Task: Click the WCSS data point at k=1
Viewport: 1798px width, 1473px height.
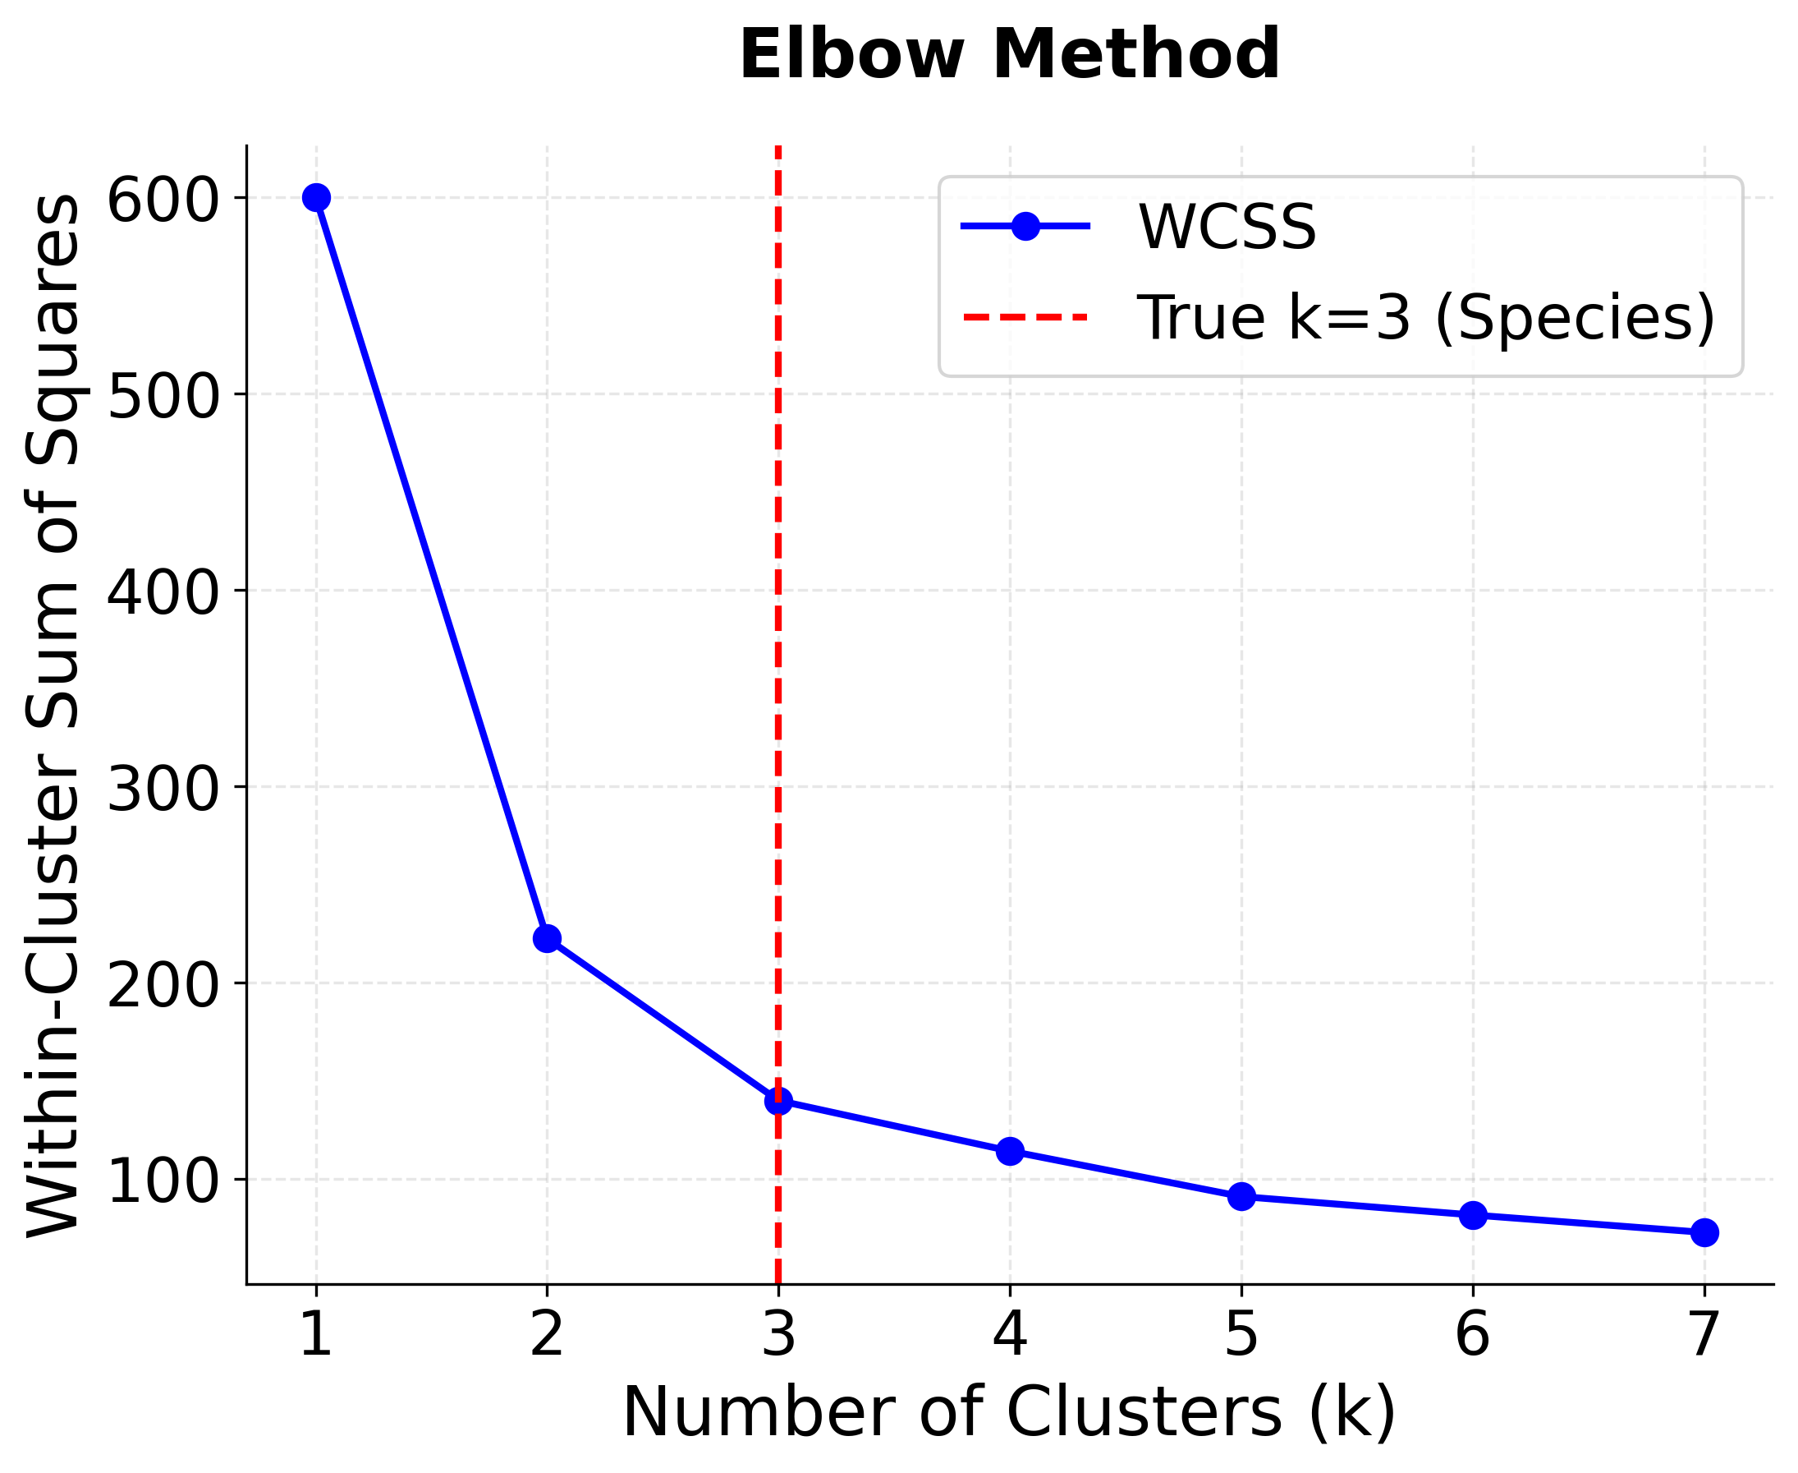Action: pos(316,198)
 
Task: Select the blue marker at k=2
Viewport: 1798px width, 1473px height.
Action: pos(547,938)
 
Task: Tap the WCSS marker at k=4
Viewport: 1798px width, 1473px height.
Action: pos(1009,1152)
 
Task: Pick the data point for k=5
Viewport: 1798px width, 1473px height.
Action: pos(1241,1196)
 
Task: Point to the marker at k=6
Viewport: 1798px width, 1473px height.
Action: pos(1473,1215)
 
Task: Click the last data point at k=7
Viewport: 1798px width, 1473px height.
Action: pos(1704,1233)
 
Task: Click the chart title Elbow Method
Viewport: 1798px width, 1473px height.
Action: pos(1009,55)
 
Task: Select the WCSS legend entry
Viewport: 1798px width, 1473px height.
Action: pos(1226,228)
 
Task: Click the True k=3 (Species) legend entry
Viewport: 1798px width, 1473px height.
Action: pos(1424,318)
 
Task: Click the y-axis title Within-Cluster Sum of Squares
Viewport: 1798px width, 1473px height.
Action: pos(53,716)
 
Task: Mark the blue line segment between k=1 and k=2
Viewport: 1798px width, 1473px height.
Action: pos(432,568)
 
